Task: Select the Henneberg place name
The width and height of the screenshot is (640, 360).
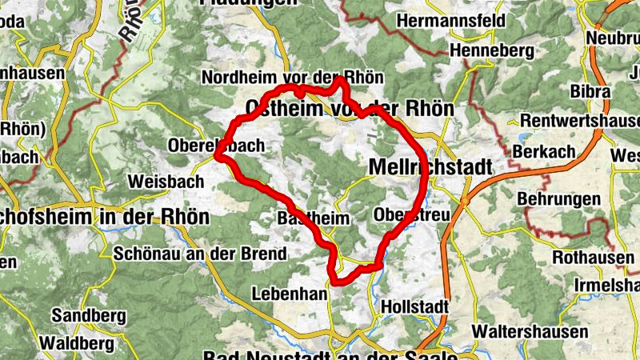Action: coord(491,50)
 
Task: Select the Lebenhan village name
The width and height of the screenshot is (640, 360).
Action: coord(290,294)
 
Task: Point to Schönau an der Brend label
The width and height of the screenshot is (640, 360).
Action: coord(200,254)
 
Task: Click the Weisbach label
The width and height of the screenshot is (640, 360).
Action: coord(166,181)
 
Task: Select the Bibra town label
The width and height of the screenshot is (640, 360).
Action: coord(590,91)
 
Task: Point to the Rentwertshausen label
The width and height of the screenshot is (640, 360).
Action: coord(579,121)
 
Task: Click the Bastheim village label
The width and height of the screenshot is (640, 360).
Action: coord(302,218)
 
